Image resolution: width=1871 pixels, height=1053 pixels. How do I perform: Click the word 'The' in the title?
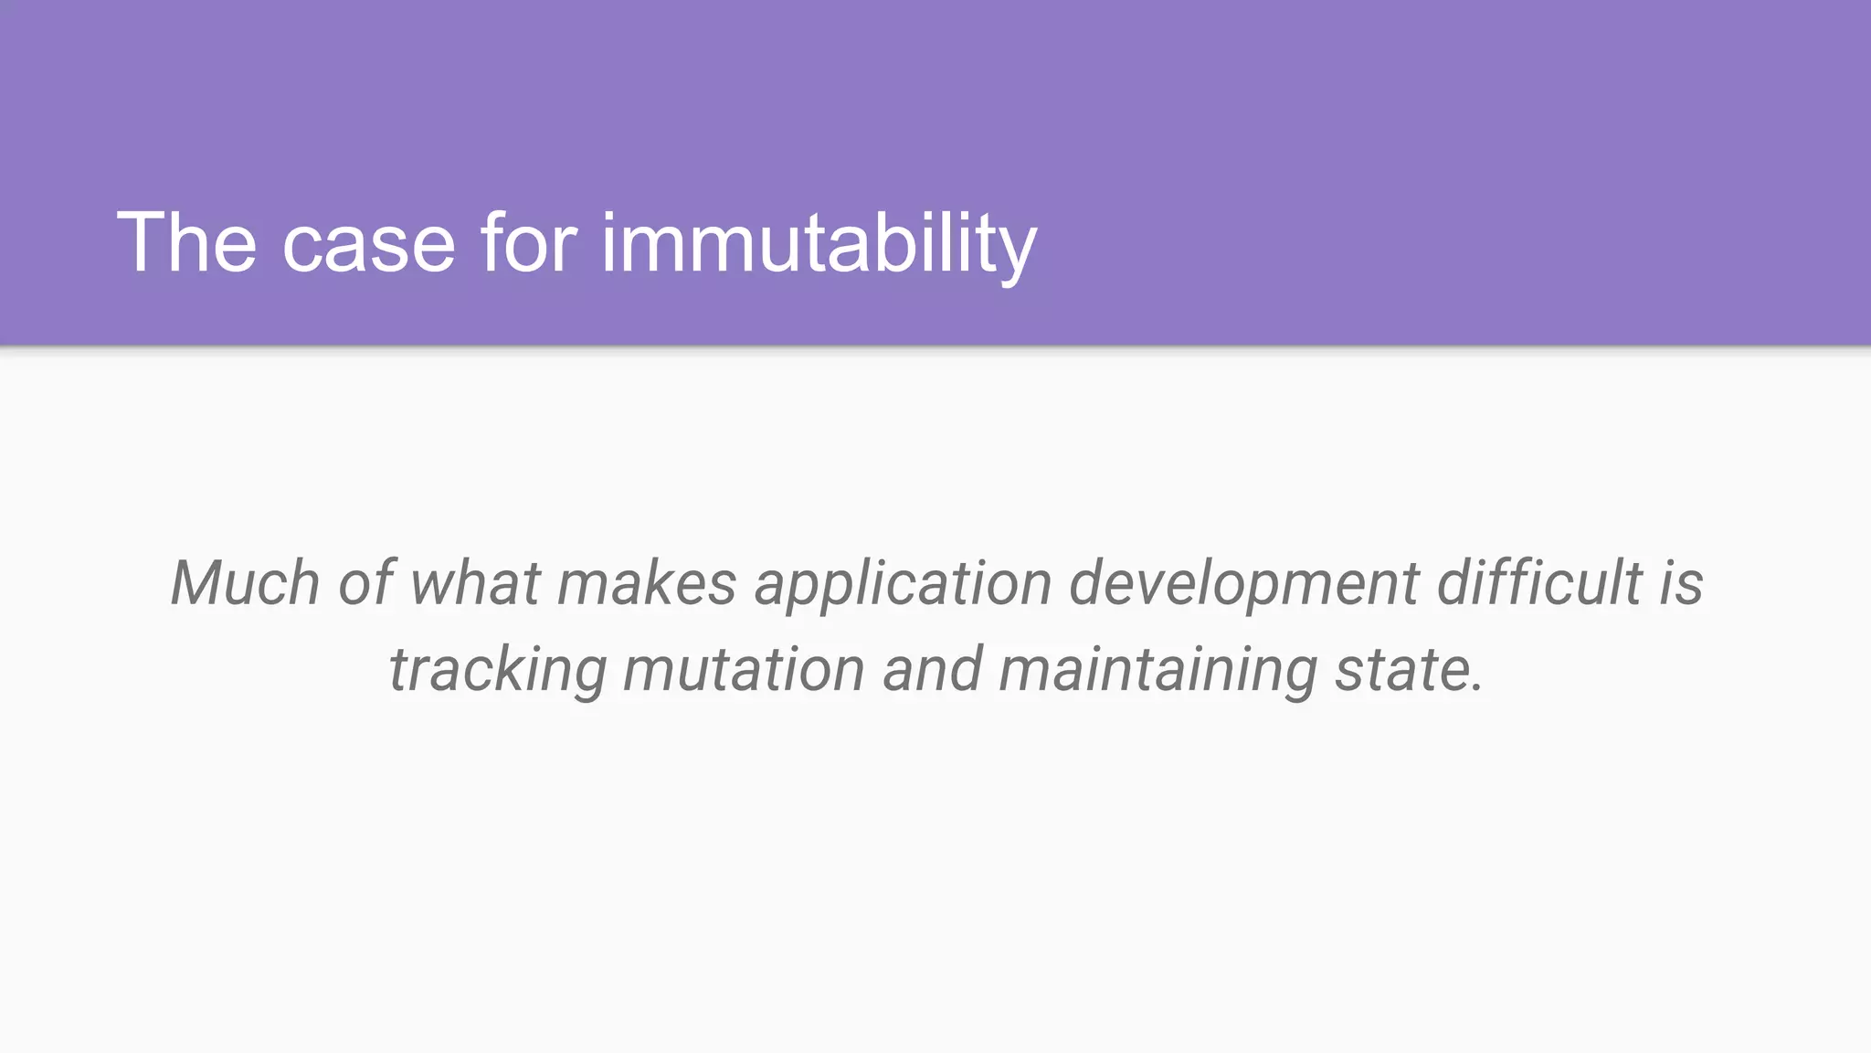[186, 242]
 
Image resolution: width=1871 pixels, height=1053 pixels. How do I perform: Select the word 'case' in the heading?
[368, 244]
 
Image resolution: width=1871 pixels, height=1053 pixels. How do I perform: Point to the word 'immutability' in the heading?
[819, 244]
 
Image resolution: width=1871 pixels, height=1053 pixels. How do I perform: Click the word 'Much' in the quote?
[245, 583]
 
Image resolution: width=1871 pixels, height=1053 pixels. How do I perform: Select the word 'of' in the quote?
[365, 583]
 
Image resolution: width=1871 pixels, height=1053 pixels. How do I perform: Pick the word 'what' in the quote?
[475, 583]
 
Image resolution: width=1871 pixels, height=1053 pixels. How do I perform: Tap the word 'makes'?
[647, 583]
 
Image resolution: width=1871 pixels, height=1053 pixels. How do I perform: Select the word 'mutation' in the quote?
[744, 670]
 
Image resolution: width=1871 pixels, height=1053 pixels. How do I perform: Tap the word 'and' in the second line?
[932, 670]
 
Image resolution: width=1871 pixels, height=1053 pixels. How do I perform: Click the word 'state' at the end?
[1402, 670]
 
